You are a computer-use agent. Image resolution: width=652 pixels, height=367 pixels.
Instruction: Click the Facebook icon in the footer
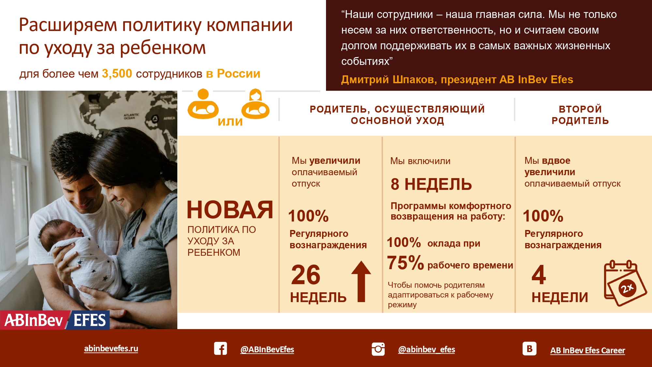[220, 348]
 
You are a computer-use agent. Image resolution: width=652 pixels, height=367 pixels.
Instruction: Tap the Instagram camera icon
[378, 349]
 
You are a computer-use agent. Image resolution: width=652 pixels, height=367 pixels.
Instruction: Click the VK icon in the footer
[529, 348]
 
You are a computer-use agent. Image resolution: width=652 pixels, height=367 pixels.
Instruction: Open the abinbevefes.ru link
[111, 348]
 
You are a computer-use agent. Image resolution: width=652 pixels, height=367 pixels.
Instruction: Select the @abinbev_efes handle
[426, 349]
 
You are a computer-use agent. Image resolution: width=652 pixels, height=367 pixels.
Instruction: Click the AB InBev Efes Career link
[587, 350]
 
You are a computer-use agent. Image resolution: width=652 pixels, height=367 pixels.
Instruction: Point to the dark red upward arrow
[361, 281]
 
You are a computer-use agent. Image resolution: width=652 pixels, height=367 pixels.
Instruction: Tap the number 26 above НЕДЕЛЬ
[305, 275]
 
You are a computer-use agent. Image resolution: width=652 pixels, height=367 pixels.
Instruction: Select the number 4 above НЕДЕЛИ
[539, 275]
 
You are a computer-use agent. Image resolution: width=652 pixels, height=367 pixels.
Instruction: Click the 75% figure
[405, 263]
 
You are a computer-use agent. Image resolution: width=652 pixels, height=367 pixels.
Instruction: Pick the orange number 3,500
[117, 74]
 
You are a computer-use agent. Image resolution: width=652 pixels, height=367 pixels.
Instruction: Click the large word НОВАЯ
[230, 210]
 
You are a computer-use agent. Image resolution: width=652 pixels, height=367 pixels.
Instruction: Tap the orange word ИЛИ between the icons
[230, 122]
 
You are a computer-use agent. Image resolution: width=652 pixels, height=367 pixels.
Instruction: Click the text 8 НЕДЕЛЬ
[431, 184]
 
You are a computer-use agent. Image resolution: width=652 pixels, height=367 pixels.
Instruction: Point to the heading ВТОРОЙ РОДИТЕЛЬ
[580, 115]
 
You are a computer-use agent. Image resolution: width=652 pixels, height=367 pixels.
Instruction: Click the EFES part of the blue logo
[89, 320]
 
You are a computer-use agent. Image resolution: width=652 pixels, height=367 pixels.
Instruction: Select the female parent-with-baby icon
[256, 104]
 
